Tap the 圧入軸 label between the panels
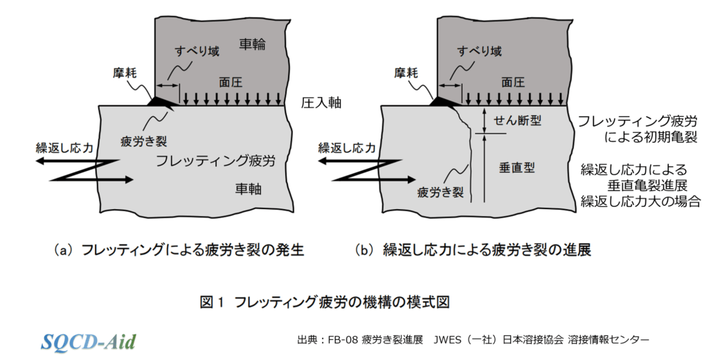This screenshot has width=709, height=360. click(x=321, y=103)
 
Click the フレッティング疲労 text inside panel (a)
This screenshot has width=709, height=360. click(x=215, y=161)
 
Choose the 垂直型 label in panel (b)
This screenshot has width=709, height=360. click(x=516, y=167)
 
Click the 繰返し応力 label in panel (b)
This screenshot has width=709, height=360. click(x=346, y=147)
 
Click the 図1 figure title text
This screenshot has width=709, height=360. click(x=325, y=303)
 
